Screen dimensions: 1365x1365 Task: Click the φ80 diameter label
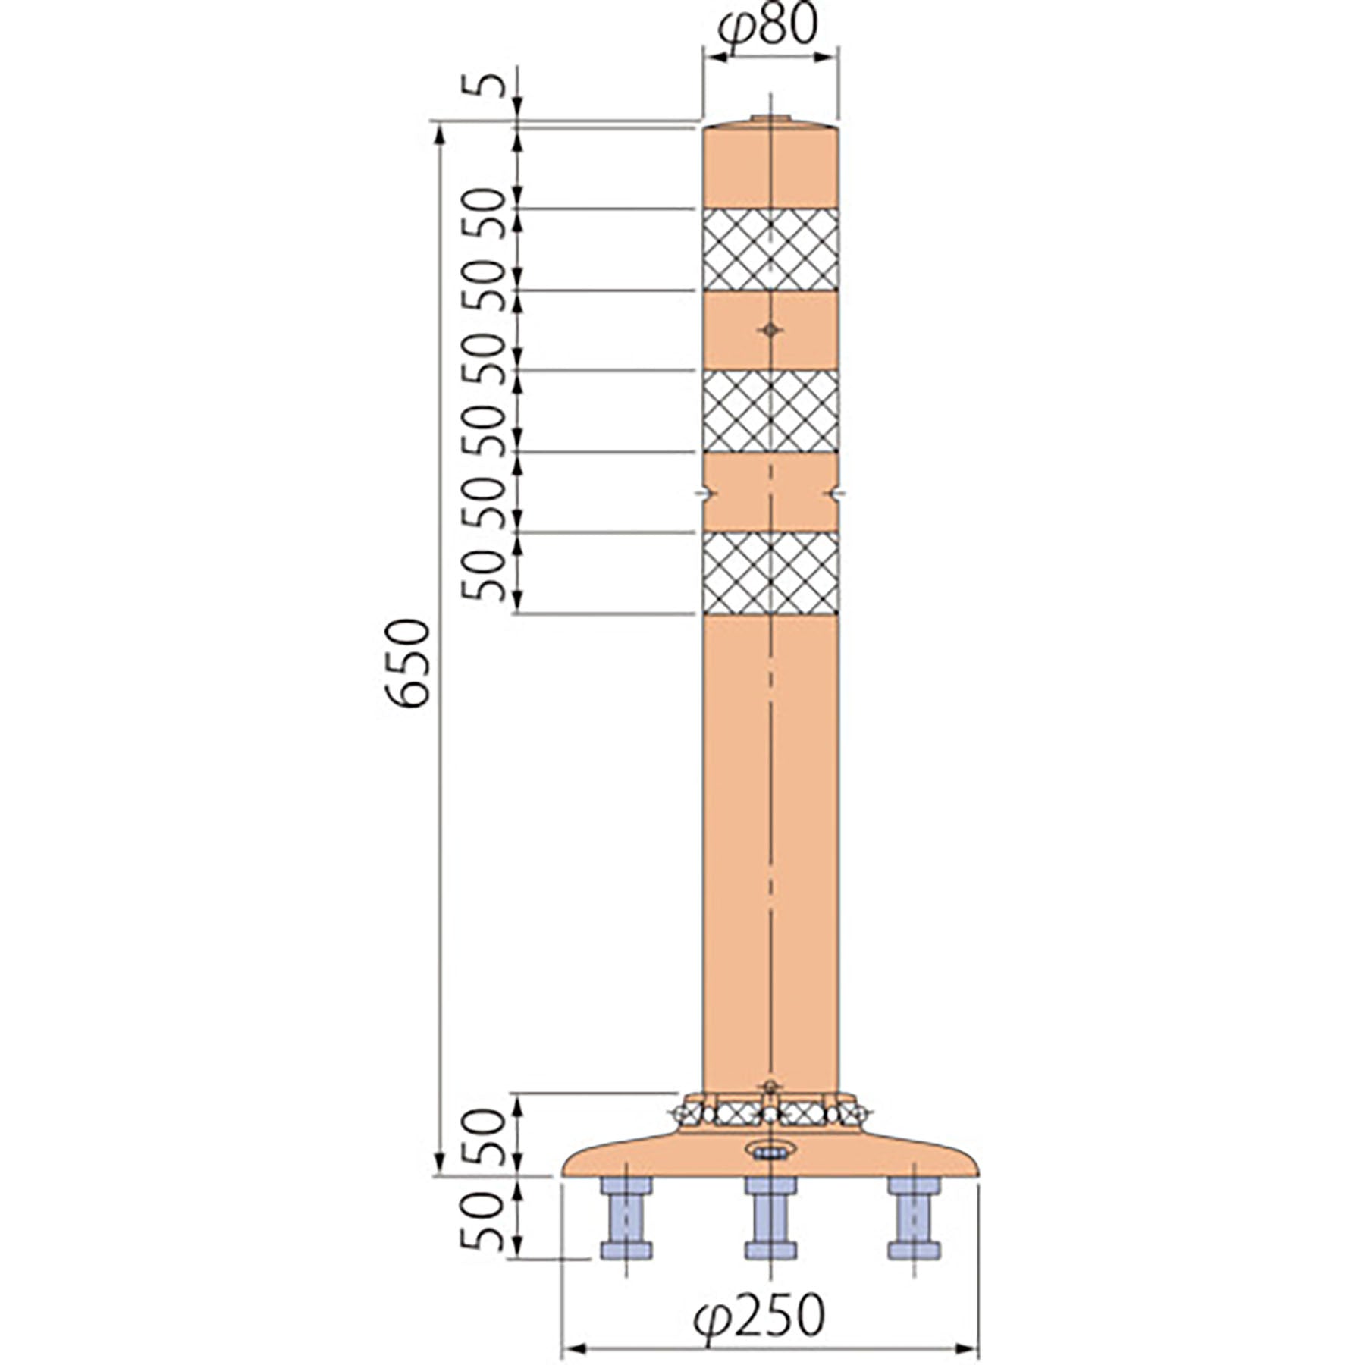[767, 27]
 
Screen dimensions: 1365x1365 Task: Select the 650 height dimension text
[408, 664]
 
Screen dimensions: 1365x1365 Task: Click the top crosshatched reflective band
[770, 249]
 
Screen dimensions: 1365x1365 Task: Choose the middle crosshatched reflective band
[770, 411]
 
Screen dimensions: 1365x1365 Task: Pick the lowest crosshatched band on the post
[770, 573]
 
